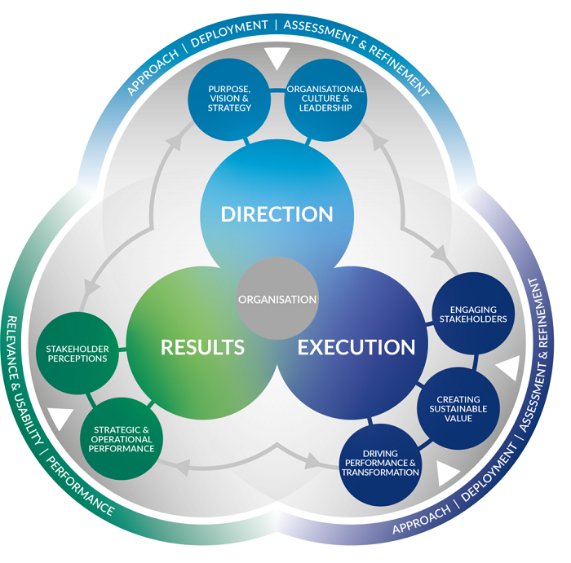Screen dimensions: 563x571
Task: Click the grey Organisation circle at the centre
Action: (277, 298)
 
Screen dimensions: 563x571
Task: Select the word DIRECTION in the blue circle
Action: (277, 214)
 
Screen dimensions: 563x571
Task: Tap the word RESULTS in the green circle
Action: (202, 347)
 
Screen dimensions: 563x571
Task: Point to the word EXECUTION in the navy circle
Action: (356, 347)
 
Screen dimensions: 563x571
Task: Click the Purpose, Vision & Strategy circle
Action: (230, 98)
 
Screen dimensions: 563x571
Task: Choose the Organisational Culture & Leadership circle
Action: (324, 98)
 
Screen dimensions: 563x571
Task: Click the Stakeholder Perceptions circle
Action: (77, 353)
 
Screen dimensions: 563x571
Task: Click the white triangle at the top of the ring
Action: (277, 59)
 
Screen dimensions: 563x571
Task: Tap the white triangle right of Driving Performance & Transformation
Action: (447, 473)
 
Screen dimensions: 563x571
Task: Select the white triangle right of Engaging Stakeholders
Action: (507, 368)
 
